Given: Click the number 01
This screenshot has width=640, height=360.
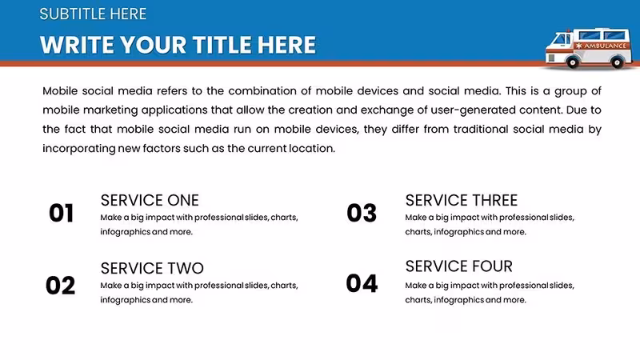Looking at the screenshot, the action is click(x=62, y=213).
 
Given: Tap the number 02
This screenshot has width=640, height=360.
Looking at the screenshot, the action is click(x=61, y=286).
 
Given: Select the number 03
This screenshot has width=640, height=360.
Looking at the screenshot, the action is click(x=362, y=213).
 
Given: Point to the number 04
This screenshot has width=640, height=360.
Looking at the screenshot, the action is click(x=362, y=284).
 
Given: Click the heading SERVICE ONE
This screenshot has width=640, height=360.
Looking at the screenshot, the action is click(x=150, y=201).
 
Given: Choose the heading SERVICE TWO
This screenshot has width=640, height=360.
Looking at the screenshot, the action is click(x=152, y=269).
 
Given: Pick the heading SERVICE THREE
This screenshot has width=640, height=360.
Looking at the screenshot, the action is click(x=462, y=201).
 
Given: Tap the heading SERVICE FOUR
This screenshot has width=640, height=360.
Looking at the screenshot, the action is click(x=458, y=266).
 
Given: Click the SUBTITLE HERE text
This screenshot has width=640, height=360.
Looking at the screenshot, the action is click(x=93, y=14).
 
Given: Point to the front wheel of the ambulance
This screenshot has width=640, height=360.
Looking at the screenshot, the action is click(x=572, y=62).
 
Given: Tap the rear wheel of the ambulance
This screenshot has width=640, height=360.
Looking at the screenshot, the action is click(x=617, y=62).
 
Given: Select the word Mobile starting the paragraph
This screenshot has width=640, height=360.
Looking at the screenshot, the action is click(x=60, y=90).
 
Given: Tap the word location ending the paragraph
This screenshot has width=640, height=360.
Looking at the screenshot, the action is click(x=312, y=148).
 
